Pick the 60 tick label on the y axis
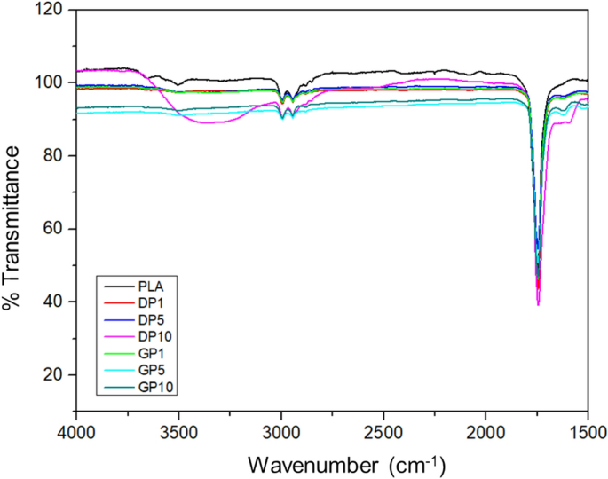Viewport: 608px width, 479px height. pyautogui.click(x=58, y=229)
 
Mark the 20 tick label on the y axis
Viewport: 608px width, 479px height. pyautogui.click(x=58, y=375)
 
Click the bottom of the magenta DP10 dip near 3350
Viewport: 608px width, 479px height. pyautogui.click(x=209, y=122)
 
